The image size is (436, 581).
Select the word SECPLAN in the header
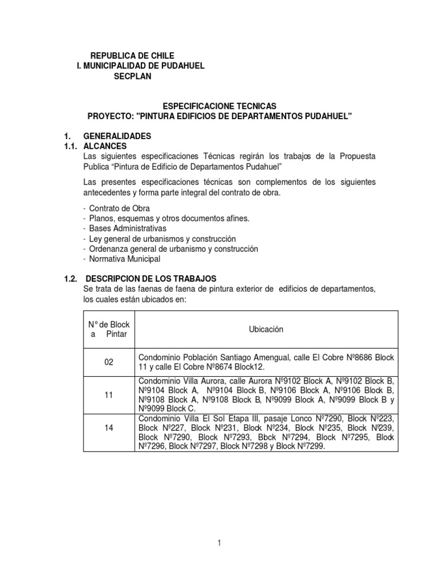[x=133, y=77]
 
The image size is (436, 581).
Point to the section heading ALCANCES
[x=106, y=146]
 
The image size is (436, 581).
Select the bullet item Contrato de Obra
[x=119, y=208]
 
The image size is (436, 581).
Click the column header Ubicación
[x=266, y=329]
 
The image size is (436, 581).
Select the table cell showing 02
[x=109, y=361]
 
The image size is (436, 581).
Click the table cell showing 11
[x=109, y=394]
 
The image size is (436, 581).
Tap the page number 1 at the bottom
[x=219, y=543]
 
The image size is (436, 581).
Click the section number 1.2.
[x=70, y=279]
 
